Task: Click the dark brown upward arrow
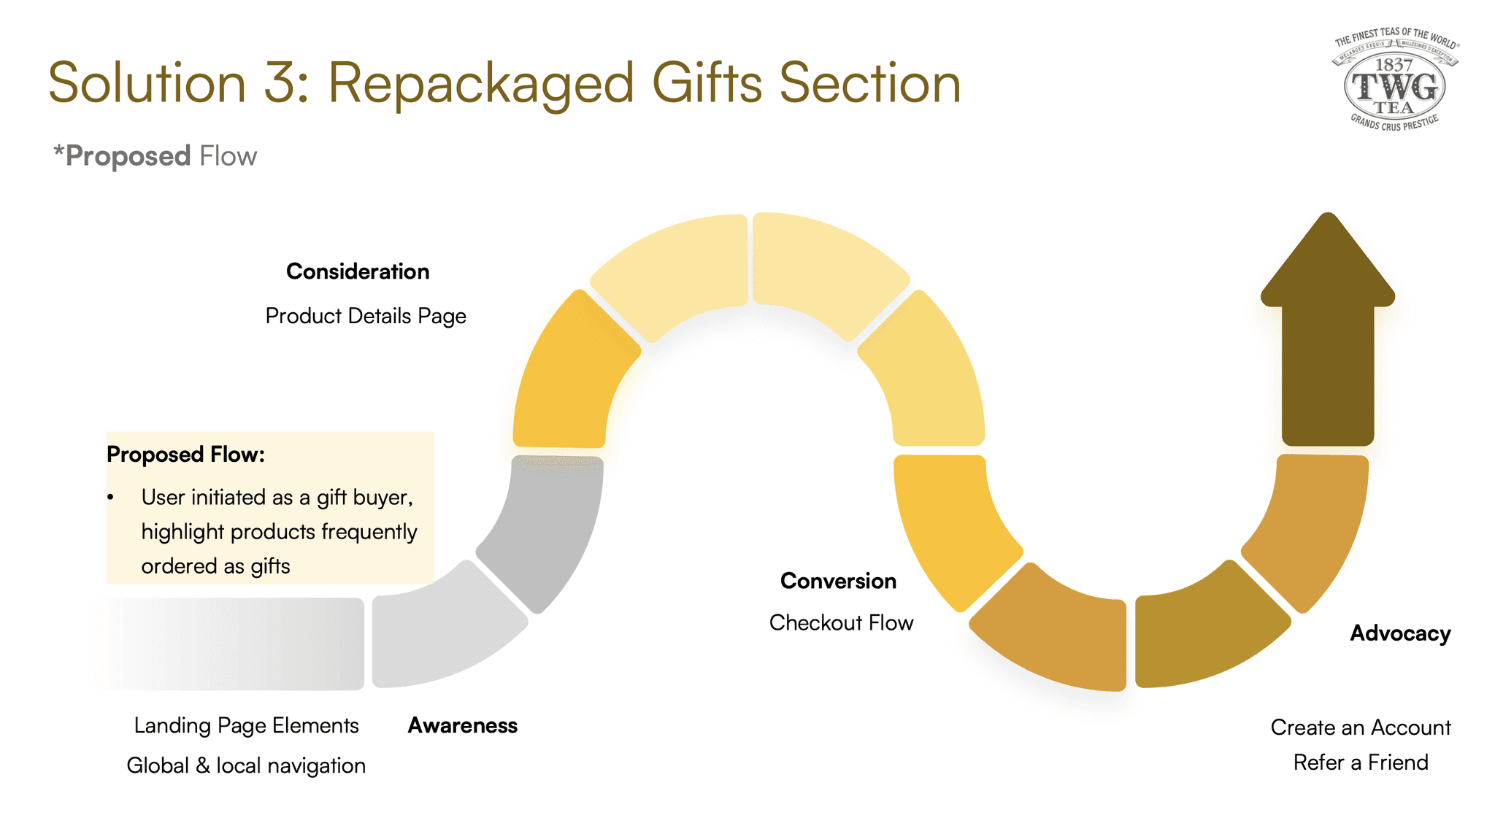pos(1328,336)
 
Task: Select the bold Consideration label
pos(358,271)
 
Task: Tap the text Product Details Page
pos(366,316)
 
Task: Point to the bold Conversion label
pos(838,581)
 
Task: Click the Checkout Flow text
pos(841,622)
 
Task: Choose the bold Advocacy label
pos(1400,633)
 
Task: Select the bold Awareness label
pos(462,725)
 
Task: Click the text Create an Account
pos(1361,727)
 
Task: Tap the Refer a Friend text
pos(1361,762)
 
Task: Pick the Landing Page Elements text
pos(246,725)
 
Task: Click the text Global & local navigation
pos(246,765)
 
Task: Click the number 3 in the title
pos(280,82)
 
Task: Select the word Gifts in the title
pos(706,82)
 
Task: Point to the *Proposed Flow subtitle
pos(155,156)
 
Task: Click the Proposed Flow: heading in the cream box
pos(185,455)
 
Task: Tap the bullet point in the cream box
pos(111,498)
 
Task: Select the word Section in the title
pos(869,82)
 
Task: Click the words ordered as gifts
pos(215,566)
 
